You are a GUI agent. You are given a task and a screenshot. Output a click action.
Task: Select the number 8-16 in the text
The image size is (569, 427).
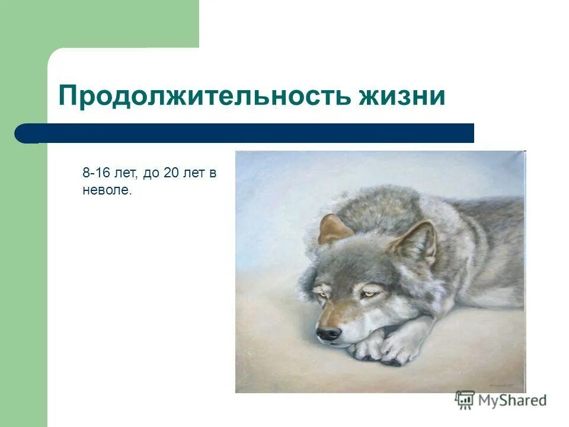click(x=96, y=174)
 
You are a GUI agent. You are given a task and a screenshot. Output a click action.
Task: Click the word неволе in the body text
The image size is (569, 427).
click(x=106, y=191)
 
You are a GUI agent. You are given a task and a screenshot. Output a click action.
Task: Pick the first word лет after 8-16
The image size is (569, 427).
click(x=127, y=174)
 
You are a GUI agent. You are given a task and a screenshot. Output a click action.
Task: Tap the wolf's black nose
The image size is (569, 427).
click(x=328, y=333)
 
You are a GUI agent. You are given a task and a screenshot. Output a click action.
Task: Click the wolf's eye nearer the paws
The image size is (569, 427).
click(x=370, y=293)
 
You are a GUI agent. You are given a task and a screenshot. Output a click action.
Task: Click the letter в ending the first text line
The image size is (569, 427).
click(x=213, y=174)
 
